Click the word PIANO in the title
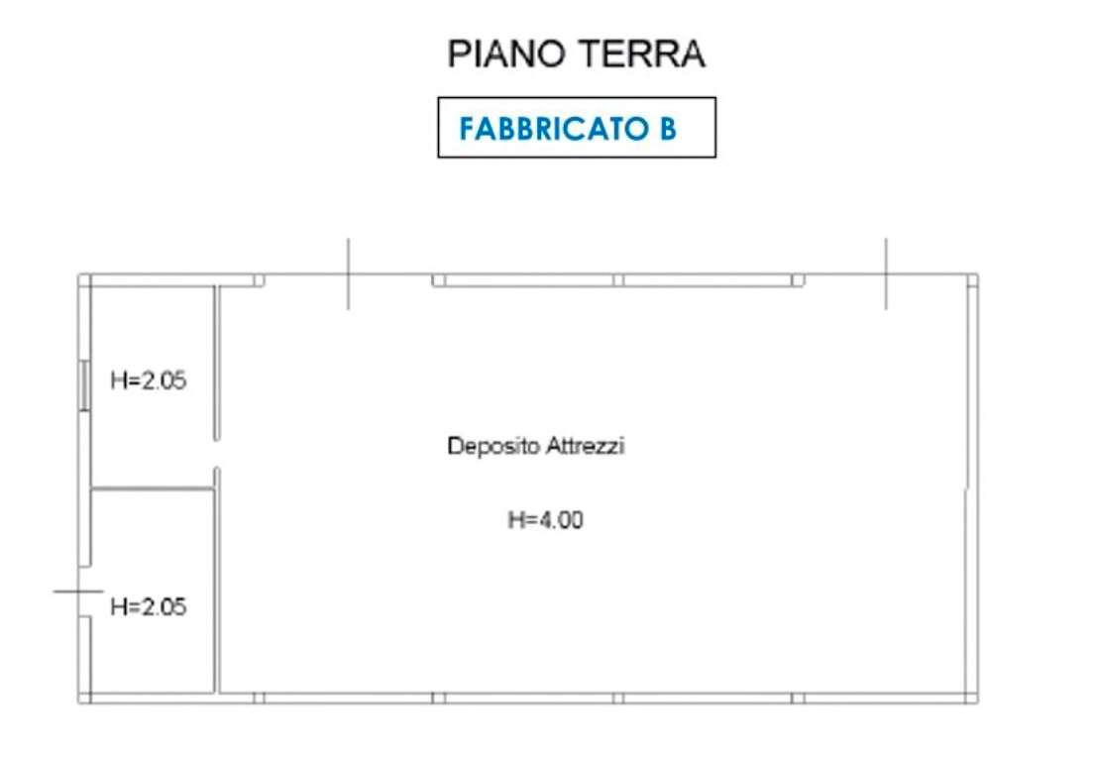tap(506, 54)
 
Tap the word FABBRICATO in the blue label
tap(554, 129)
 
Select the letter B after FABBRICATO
tap(668, 129)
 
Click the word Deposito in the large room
tap(492, 446)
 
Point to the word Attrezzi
tap(585, 445)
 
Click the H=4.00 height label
tap(545, 520)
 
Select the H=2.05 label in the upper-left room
tap(149, 380)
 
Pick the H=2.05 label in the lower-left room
tap(149, 606)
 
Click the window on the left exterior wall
tap(84, 385)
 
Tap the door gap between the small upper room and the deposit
tap(216, 454)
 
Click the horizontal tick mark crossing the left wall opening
tap(78, 592)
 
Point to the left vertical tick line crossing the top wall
tap(348, 273)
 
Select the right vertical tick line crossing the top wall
tap(886, 273)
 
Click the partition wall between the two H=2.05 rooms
tap(152, 489)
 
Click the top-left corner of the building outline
tap(79, 274)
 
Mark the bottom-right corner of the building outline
tap(977, 703)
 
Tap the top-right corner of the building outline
tap(977, 274)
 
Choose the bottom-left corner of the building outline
tap(79, 703)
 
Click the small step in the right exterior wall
tap(966, 487)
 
